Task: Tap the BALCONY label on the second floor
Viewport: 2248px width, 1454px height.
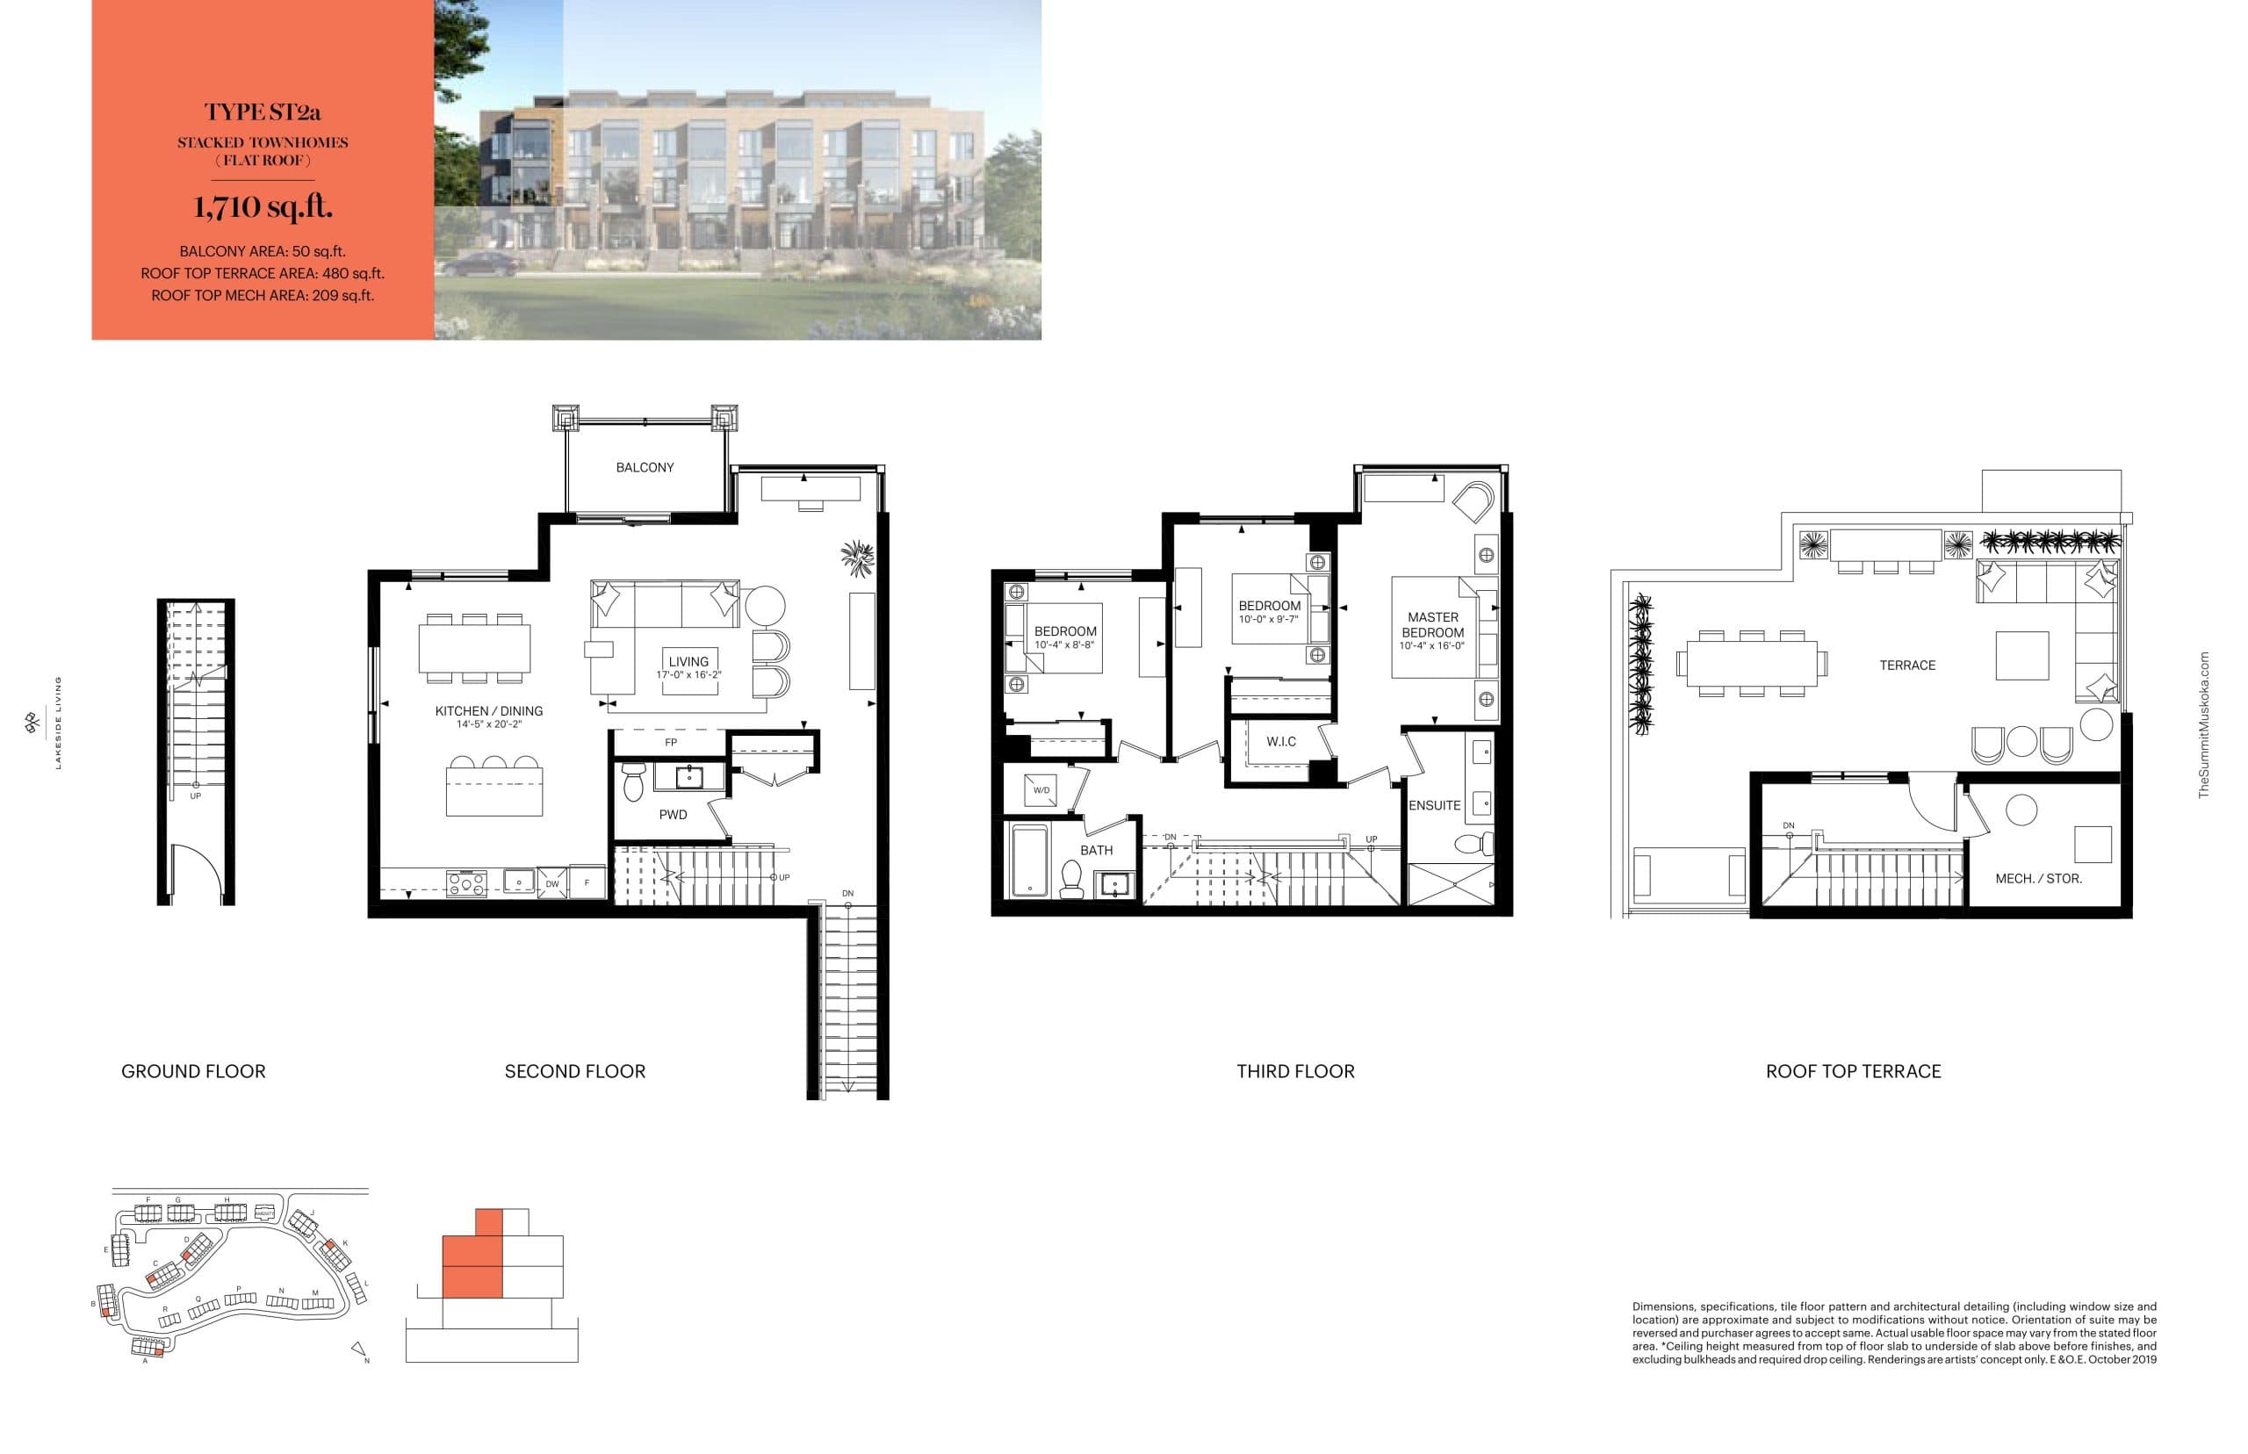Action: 645,467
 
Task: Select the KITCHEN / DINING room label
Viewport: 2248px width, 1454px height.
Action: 488,711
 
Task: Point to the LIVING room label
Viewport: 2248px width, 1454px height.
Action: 688,662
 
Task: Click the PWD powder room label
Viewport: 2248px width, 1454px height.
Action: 673,815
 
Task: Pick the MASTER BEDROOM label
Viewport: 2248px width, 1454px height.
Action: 1432,625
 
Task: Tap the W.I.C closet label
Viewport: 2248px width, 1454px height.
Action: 1280,741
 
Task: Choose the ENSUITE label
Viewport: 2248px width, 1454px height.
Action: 1434,805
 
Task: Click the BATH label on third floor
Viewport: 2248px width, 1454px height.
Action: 1096,850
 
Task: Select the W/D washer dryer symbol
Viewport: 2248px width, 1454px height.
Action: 1041,790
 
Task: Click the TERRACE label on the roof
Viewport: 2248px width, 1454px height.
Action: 1907,666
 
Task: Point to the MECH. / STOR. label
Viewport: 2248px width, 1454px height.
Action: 2038,878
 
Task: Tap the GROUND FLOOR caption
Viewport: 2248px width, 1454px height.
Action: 193,1071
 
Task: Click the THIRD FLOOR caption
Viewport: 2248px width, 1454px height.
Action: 1295,1071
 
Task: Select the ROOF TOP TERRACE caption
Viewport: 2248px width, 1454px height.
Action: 1854,1071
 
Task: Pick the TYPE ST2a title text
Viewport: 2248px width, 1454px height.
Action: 263,112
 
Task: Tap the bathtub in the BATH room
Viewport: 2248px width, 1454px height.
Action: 1029,860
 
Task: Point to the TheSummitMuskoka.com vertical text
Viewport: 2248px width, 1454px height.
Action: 2203,724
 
